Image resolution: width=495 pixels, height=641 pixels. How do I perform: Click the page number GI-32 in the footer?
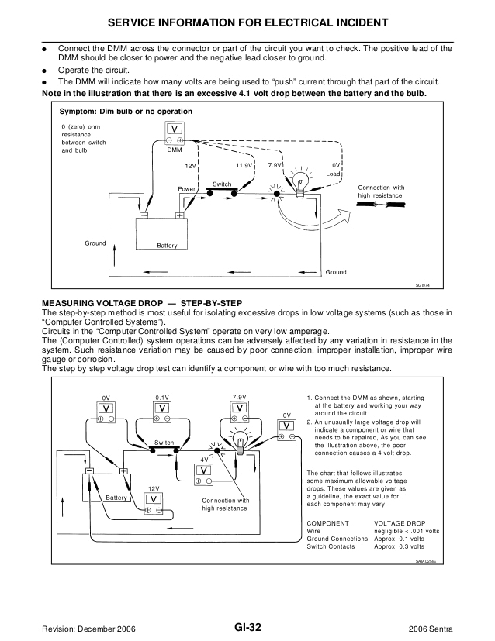(x=247, y=627)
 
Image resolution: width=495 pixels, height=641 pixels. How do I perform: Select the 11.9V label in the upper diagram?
(x=244, y=166)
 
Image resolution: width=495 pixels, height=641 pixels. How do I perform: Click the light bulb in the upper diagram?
(x=299, y=186)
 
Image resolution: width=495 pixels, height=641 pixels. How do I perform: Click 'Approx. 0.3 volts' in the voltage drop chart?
(x=407, y=547)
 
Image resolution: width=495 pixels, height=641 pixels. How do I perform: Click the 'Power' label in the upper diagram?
(x=186, y=188)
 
